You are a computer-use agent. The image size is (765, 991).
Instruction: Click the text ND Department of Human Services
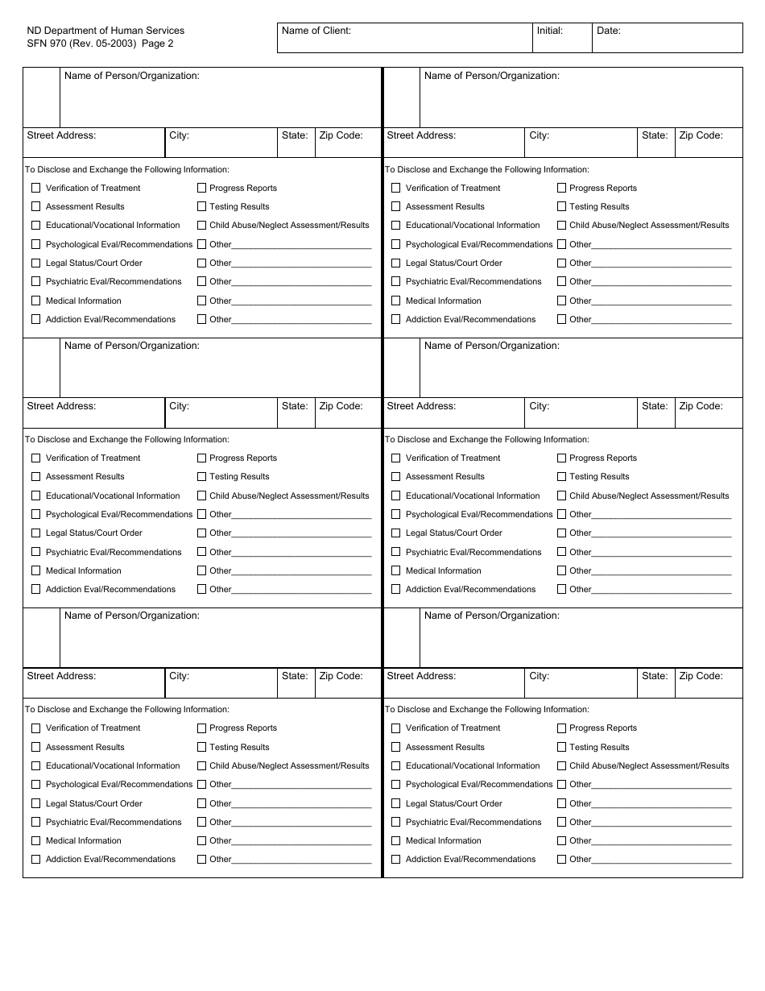click(105, 31)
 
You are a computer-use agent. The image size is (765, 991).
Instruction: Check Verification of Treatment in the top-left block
click(35, 188)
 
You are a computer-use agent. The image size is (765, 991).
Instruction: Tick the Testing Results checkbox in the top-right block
click(561, 206)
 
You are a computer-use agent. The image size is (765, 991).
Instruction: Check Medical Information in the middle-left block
click(35, 570)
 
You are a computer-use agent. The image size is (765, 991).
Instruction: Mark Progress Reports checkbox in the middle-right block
click(561, 458)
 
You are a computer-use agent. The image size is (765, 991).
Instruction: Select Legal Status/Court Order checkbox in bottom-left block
click(35, 803)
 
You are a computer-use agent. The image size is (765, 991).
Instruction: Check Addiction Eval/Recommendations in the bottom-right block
click(395, 859)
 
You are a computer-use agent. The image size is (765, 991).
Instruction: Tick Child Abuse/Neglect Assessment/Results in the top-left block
click(201, 226)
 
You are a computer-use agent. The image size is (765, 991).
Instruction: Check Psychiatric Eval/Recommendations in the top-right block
click(395, 281)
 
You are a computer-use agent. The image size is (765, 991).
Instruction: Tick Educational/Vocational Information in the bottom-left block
click(35, 765)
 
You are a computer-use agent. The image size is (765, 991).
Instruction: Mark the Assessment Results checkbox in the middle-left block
click(35, 476)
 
